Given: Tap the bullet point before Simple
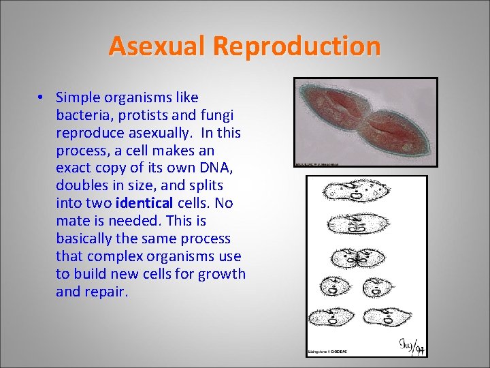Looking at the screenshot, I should click(42, 97).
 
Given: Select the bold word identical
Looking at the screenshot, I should click(145, 203).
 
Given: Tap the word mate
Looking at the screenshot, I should click(71, 221).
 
